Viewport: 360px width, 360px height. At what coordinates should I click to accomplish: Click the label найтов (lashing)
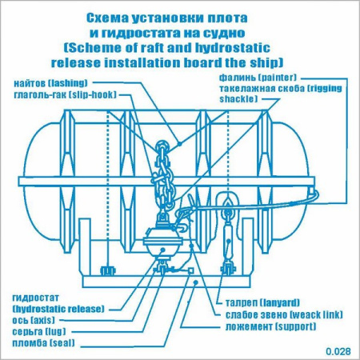click(x=50, y=83)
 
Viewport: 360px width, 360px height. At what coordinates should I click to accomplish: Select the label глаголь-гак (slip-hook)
click(x=66, y=94)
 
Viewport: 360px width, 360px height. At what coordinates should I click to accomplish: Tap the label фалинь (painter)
click(x=258, y=78)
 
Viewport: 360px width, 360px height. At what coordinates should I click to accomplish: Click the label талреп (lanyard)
click(x=262, y=302)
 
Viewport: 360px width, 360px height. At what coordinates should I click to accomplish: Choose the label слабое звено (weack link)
click(x=284, y=314)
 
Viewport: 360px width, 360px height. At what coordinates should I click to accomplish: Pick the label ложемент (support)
click(x=271, y=326)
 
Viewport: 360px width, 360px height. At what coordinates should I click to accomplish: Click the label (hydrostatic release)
click(x=58, y=309)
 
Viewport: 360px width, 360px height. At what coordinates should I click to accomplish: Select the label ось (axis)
click(x=34, y=320)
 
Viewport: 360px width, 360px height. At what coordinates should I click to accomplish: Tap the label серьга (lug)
click(x=39, y=331)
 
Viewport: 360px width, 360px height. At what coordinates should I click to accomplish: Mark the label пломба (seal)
click(x=44, y=343)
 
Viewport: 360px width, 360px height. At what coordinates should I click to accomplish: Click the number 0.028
click(x=338, y=351)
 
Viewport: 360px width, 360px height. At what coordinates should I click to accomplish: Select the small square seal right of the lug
click(x=190, y=271)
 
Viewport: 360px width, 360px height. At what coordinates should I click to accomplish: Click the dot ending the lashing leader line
click(x=180, y=144)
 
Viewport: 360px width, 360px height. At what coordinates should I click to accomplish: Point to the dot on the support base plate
click(x=196, y=282)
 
